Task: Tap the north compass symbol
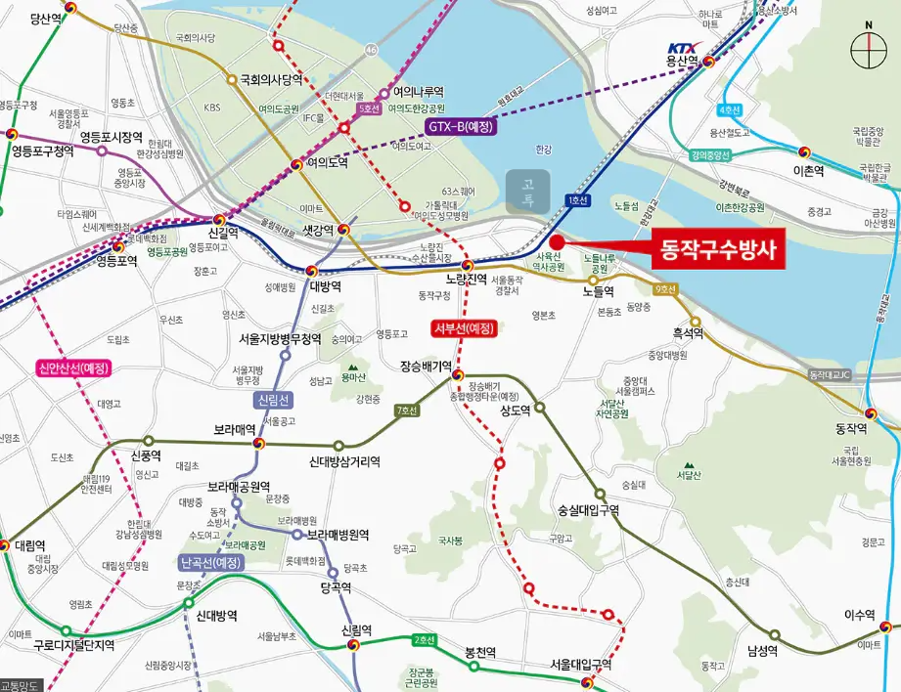tap(867, 47)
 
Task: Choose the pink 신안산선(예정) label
tap(74, 368)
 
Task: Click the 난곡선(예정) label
tap(211, 563)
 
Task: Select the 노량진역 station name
tap(467, 279)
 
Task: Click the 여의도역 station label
tap(327, 163)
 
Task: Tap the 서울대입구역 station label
tap(581, 665)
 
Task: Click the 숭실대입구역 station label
tap(589, 510)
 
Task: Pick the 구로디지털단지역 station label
tap(74, 645)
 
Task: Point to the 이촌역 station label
tap(809, 170)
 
